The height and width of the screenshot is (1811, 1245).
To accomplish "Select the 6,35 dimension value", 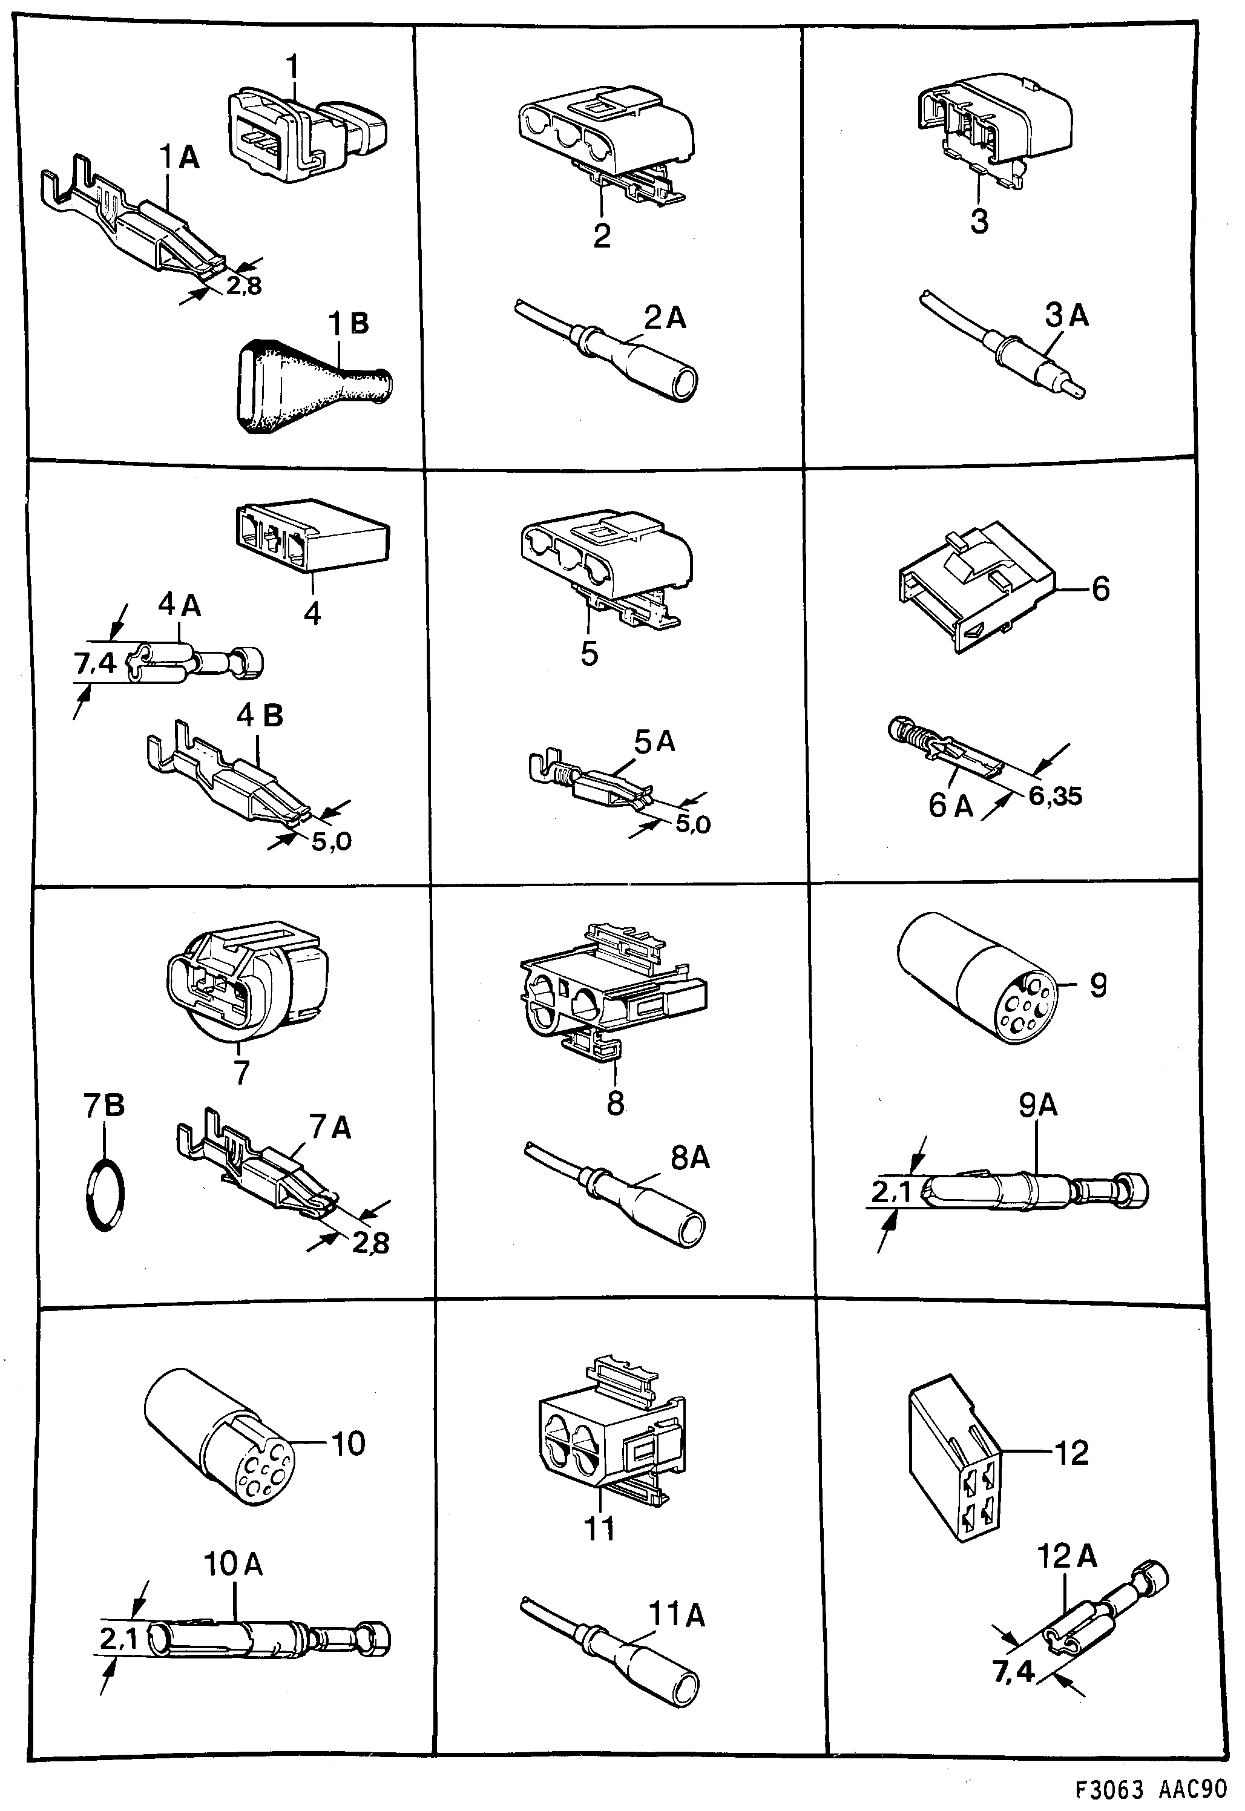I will (x=1055, y=797).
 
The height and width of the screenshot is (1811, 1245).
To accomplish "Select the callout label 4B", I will (x=260, y=716).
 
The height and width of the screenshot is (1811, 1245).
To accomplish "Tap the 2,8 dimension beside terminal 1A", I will (x=244, y=286).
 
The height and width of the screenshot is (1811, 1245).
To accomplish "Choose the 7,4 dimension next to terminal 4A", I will (x=94, y=663).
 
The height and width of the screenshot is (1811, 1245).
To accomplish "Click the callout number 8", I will (x=615, y=1103).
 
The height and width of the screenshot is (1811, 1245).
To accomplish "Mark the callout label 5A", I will (x=654, y=741).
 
